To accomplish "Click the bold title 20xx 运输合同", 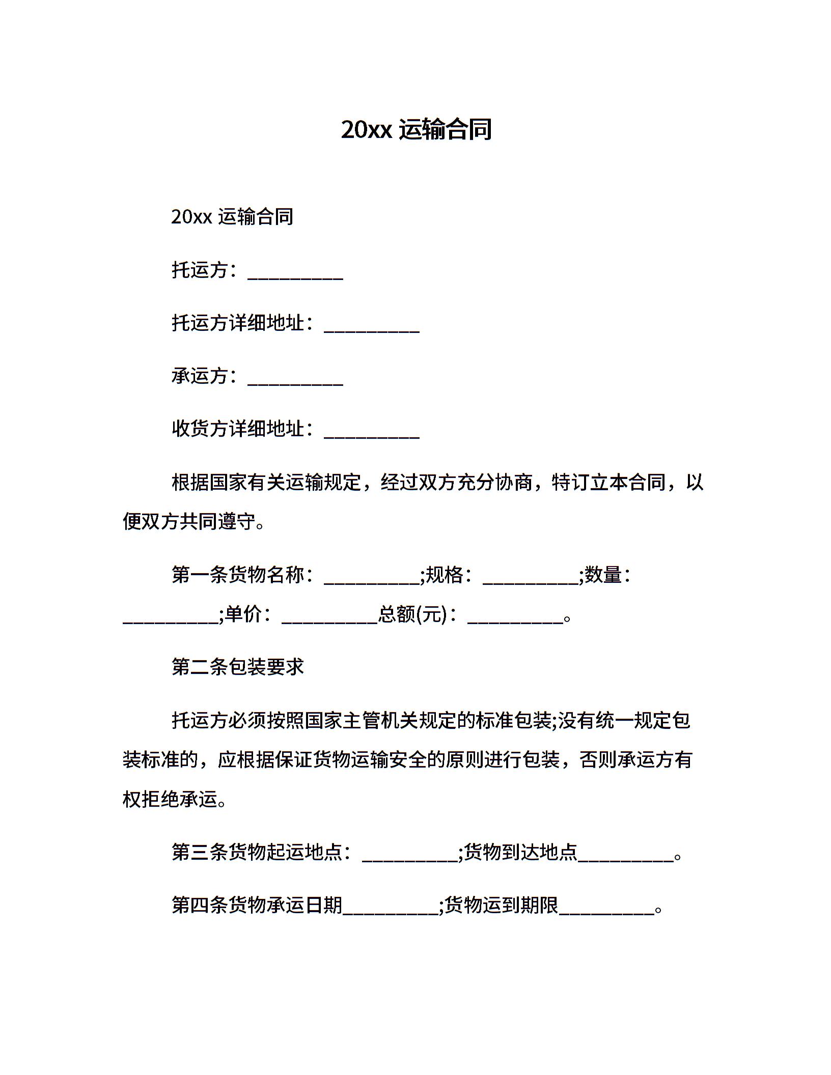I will (x=416, y=130).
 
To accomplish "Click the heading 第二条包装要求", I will (x=237, y=667).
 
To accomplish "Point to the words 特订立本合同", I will (x=609, y=482).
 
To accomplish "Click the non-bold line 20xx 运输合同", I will (x=232, y=217).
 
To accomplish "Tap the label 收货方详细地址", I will (x=238, y=429).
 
